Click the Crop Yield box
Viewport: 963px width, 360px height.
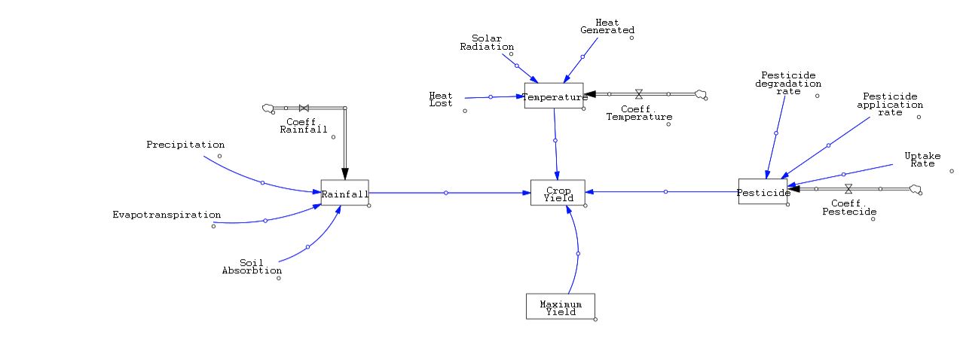click(x=558, y=193)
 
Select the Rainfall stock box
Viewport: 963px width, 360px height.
click(x=344, y=193)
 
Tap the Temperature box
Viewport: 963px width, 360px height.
click(x=554, y=96)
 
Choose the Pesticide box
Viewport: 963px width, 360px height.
click(x=763, y=191)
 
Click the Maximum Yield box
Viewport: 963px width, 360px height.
click(x=561, y=307)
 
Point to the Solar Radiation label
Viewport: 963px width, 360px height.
click(x=487, y=42)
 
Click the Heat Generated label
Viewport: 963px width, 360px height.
click(x=607, y=26)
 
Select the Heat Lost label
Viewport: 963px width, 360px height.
click(x=441, y=99)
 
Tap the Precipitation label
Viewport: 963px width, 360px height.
click(x=185, y=145)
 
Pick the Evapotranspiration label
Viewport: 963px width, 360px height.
click(x=167, y=215)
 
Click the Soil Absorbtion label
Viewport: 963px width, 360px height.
click(x=252, y=267)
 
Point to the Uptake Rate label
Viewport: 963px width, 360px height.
click(x=922, y=160)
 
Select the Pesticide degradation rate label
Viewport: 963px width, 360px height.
click(x=788, y=83)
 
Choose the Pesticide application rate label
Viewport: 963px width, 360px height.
click(x=890, y=104)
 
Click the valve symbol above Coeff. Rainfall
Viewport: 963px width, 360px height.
click(x=304, y=108)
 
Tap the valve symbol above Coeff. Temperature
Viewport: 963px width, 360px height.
click(x=639, y=94)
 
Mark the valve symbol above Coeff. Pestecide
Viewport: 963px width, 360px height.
click(x=848, y=189)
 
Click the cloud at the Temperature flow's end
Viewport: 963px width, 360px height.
click(x=701, y=95)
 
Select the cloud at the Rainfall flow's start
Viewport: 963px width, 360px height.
click(x=268, y=108)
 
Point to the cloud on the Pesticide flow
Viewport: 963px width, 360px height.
click(x=915, y=189)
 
